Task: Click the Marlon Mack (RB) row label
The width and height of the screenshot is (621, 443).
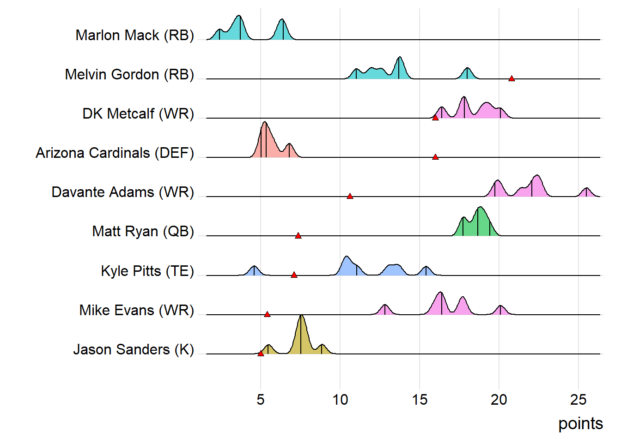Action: point(134,35)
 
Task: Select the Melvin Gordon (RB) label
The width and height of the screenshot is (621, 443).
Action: point(129,74)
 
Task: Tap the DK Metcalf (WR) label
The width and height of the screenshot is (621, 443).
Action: point(138,114)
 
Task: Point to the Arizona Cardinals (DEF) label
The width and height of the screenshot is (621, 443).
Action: point(115,153)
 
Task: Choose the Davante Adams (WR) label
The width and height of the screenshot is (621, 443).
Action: point(122,192)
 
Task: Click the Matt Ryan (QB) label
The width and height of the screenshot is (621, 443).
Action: point(143,231)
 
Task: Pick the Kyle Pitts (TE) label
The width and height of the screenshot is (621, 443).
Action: point(147,271)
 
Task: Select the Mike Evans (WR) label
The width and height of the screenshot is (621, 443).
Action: point(136,310)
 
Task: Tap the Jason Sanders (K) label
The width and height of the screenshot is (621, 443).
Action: point(134,349)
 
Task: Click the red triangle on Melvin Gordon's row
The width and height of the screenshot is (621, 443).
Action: point(511,78)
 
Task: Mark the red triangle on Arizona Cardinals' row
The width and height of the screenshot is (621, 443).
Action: point(435,157)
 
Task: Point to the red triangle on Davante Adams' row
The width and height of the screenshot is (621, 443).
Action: point(350,196)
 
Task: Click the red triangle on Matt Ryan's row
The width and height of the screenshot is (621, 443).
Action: point(298,236)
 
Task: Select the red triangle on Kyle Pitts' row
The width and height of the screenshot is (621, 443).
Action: point(294,275)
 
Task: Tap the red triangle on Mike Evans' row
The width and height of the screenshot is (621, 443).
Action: point(267,314)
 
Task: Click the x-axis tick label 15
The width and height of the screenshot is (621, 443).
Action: point(420,400)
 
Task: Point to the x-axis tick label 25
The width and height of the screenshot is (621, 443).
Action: point(578,400)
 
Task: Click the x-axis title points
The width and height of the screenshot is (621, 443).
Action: point(580,424)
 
